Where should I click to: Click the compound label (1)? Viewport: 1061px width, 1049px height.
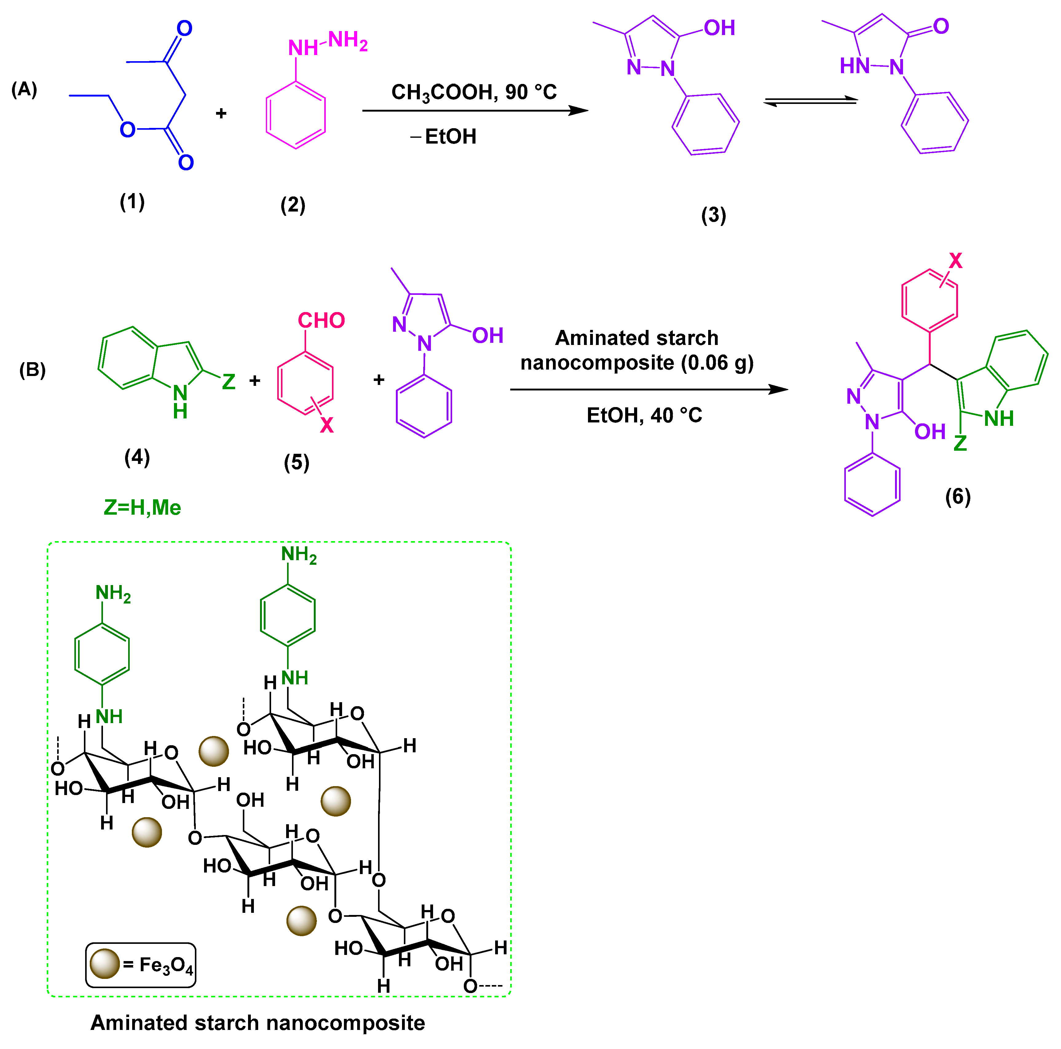[x=132, y=202]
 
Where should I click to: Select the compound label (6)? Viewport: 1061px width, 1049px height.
[x=958, y=497]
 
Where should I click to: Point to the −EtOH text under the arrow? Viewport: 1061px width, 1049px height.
[x=444, y=136]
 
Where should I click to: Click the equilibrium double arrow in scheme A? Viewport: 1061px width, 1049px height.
[x=811, y=101]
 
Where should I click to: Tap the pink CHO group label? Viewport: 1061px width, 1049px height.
[x=321, y=320]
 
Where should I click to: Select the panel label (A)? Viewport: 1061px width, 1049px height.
[x=24, y=89]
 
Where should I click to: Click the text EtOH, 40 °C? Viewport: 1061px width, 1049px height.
[x=644, y=415]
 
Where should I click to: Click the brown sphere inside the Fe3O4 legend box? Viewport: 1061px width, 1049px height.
[x=105, y=964]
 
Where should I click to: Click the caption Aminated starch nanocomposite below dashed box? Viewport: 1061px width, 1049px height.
[x=258, y=1023]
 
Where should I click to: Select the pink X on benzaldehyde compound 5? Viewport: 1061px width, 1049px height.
[x=327, y=425]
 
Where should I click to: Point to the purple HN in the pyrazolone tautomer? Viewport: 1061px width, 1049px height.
[x=854, y=66]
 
